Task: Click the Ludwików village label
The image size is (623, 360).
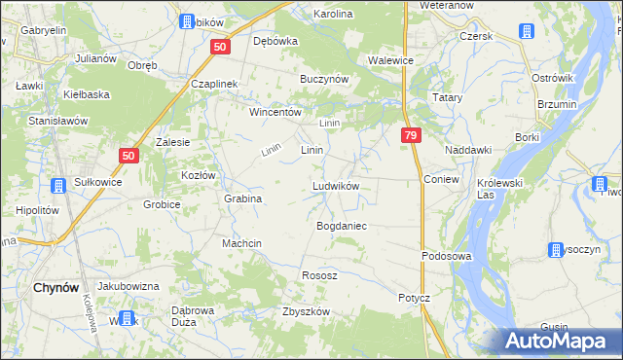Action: pos(336,186)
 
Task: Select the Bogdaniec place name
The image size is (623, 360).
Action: pos(341,225)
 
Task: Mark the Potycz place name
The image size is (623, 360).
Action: pos(414,297)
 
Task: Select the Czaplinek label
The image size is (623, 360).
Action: pos(215,84)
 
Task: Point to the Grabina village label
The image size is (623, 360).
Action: pos(243,198)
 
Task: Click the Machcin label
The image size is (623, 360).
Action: pos(243,243)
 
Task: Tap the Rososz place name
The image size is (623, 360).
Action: pos(319,275)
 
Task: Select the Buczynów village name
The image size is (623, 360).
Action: pos(324,78)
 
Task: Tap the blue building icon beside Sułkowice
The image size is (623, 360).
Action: pos(55,185)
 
